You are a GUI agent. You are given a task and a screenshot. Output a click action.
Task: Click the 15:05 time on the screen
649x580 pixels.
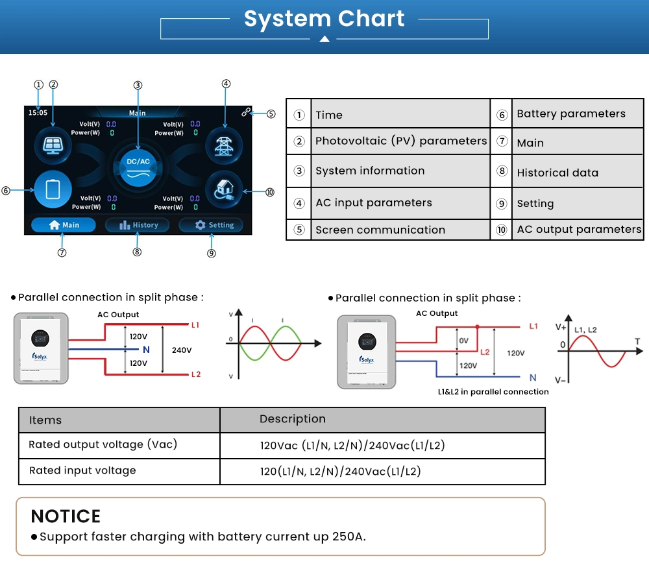click(38, 112)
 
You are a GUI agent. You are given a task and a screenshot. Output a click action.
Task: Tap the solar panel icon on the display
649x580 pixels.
click(53, 145)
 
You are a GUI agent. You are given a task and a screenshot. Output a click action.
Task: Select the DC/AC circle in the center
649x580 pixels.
click(138, 167)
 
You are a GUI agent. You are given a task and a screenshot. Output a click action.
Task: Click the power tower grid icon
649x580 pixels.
click(224, 145)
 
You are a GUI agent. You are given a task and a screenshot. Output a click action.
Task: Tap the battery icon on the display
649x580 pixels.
click(53, 189)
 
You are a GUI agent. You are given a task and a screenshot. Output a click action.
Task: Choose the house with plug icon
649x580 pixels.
click(224, 190)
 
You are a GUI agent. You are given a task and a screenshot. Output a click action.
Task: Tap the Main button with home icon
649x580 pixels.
click(64, 225)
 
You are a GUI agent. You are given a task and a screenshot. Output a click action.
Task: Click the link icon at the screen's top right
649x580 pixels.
click(246, 112)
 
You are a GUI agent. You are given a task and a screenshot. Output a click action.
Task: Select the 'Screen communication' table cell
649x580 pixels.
click(400, 230)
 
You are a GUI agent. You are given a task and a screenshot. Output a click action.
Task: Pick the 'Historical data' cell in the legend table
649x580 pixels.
click(578, 172)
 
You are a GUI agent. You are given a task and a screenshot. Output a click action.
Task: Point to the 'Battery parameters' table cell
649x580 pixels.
click(578, 114)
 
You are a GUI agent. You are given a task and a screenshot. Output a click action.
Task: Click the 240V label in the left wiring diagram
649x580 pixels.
click(182, 350)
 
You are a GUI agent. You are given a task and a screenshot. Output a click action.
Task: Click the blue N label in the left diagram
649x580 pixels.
click(146, 350)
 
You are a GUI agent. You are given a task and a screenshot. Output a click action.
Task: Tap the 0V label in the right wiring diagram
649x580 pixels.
click(464, 341)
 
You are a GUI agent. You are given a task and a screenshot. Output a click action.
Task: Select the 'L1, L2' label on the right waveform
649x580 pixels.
click(585, 330)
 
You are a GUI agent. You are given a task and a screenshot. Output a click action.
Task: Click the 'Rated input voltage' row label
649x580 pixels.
click(82, 471)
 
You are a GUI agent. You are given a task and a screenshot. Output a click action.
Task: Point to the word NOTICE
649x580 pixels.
click(66, 516)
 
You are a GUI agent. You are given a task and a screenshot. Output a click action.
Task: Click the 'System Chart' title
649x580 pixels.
click(324, 19)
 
